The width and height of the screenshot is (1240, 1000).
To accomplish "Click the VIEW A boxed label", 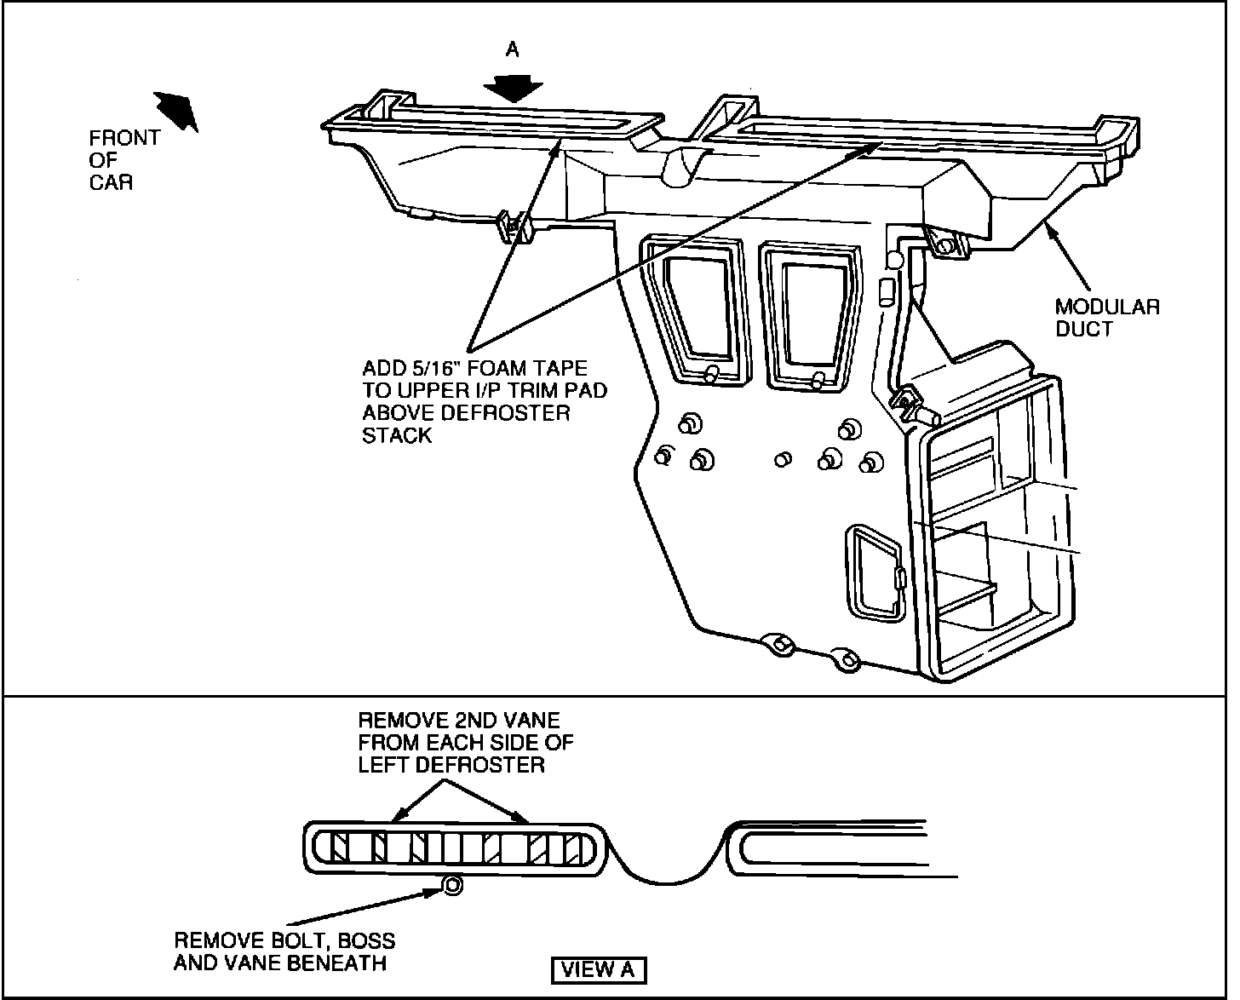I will point(600,969).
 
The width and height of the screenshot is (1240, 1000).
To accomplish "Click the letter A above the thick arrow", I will point(512,50).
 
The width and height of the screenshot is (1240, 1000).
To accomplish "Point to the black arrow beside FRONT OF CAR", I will point(176,111).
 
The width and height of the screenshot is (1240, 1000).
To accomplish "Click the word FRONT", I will point(124,138).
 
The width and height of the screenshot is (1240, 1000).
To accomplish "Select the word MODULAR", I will point(1107,307).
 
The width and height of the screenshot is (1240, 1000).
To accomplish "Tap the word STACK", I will point(397,435).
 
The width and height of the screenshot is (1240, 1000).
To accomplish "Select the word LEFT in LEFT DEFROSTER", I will point(384,764).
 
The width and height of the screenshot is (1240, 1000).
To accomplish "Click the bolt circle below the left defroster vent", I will point(453,887).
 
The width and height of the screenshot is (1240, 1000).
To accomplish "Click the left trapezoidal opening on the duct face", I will point(697,307).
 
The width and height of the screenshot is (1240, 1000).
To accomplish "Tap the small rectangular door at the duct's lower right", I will point(875,571).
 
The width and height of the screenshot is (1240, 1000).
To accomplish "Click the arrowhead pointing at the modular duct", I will point(1053,226).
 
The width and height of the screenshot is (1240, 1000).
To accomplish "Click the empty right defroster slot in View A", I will point(835,848).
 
